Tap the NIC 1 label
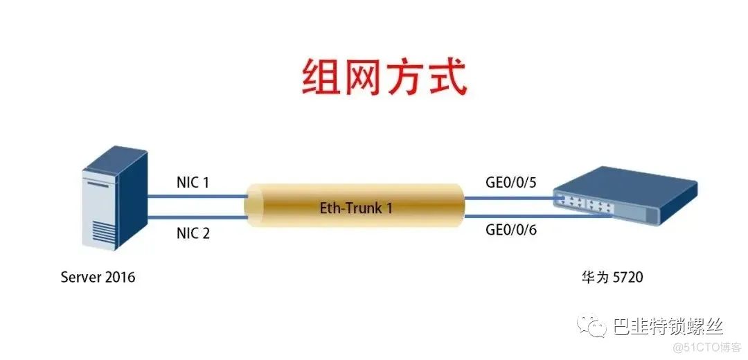[x=193, y=183]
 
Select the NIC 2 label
[x=193, y=233]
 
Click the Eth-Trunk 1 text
[x=356, y=208]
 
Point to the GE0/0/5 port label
[x=511, y=183]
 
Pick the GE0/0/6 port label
[x=511, y=230]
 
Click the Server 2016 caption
[x=98, y=277]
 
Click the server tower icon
[x=114, y=199]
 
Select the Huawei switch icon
[x=625, y=195]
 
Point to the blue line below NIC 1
[x=198, y=195]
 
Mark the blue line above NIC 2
[x=198, y=217]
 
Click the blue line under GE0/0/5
[x=513, y=197]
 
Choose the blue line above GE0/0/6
[x=537, y=217]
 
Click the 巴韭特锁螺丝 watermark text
[x=668, y=326]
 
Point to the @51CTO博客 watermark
[x=705, y=347]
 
